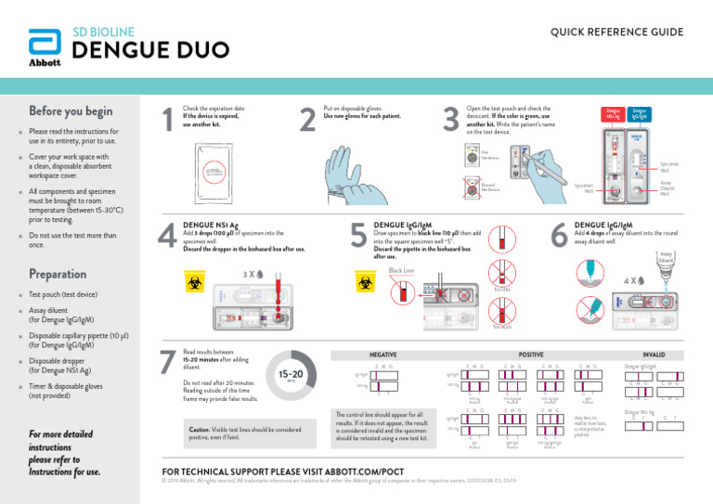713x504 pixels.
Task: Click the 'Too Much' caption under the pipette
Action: [x=501, y=327]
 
